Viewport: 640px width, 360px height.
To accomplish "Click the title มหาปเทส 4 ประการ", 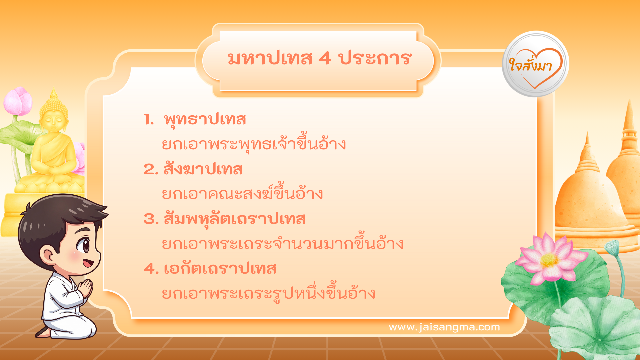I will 319,59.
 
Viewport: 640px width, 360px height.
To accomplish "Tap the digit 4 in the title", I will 325,59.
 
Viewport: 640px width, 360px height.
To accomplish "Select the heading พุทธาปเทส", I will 205,120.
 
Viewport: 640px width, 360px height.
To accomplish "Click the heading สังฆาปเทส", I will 203,169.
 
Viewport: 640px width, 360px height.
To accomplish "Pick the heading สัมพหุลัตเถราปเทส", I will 234,219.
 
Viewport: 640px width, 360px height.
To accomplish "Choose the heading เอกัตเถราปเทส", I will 220,269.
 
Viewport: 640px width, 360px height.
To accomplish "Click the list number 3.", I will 151,219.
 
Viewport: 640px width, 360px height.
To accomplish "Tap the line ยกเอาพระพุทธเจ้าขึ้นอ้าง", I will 254,144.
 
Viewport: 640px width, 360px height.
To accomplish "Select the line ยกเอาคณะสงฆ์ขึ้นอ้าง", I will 242,194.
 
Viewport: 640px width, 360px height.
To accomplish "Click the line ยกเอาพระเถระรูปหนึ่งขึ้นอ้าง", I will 268,293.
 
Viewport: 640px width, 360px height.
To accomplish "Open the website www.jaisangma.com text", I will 444,327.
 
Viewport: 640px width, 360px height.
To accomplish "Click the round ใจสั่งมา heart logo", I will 535,64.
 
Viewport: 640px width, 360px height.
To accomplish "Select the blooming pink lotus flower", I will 550,258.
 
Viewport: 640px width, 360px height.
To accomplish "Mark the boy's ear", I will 48,255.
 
